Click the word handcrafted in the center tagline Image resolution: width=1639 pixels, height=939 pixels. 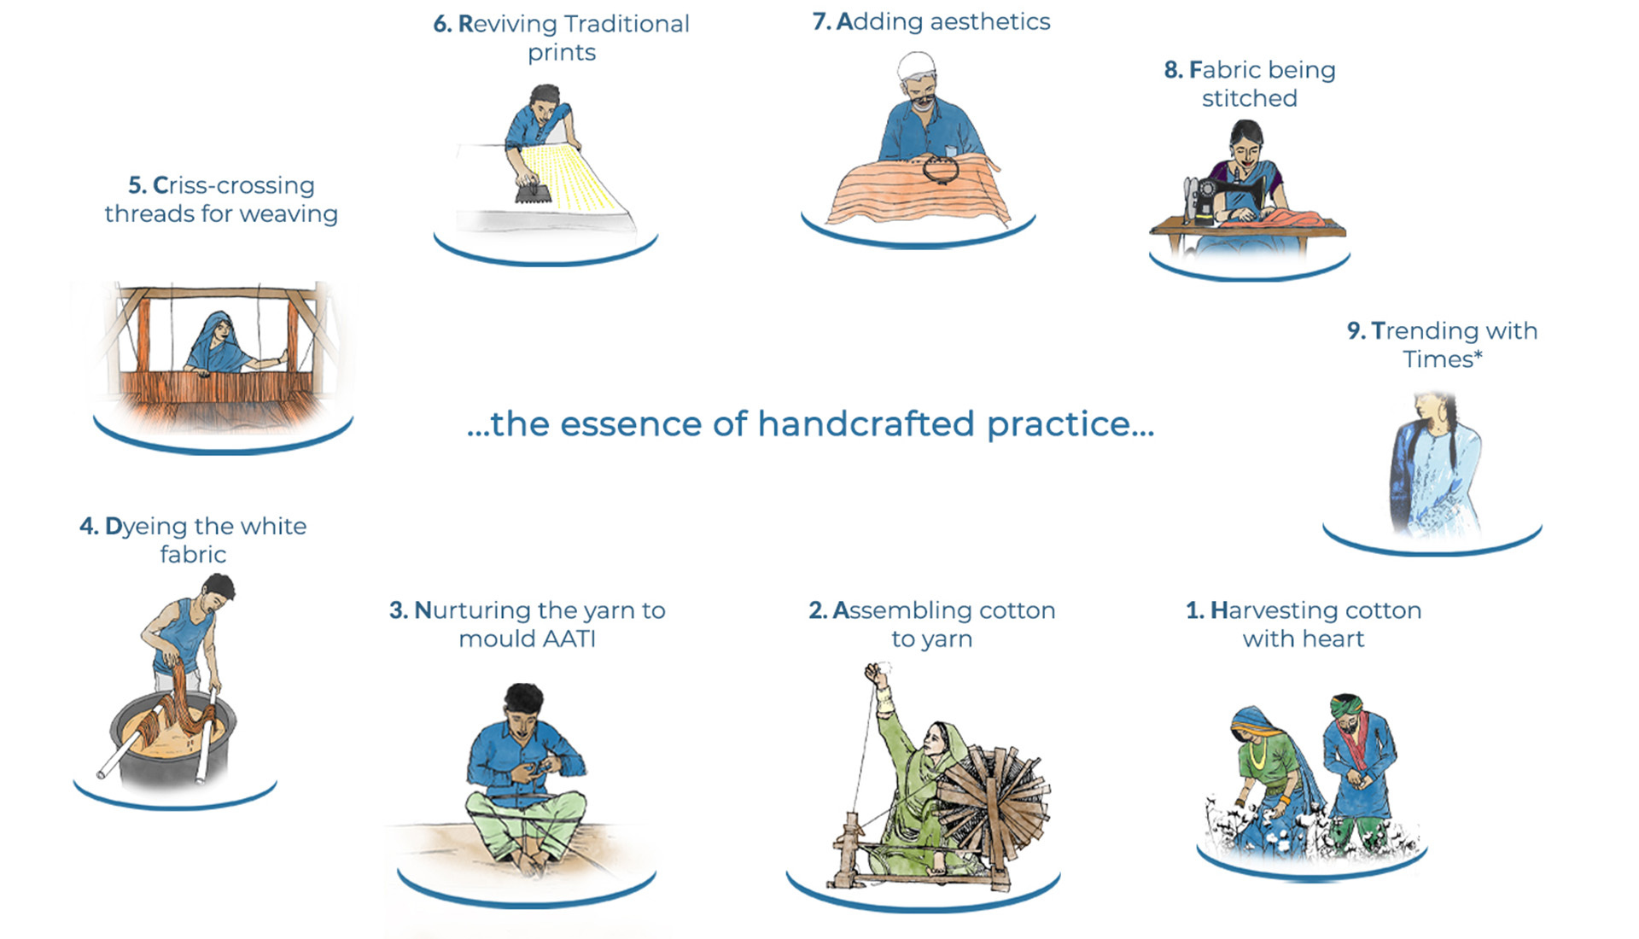866,423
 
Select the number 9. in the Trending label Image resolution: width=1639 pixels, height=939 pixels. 1356,330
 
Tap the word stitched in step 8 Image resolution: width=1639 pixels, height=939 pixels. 1250,98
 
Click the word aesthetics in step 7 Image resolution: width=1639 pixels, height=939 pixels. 990,21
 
